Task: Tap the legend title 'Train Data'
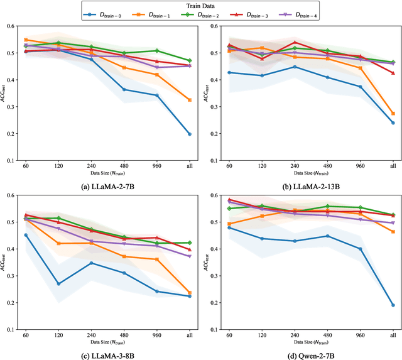pos(201,5)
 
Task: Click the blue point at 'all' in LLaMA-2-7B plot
pos(190,134)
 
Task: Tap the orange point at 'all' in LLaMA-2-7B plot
pos(190,100)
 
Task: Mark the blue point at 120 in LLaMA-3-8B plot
pos(58,283)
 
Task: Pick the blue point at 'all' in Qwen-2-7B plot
pos(393,305)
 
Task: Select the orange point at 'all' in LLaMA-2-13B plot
pos(393,113)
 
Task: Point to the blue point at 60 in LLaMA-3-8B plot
pos(26,235)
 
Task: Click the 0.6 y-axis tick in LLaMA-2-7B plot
pos(12,26)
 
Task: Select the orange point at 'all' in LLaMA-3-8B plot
pos(190,293)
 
